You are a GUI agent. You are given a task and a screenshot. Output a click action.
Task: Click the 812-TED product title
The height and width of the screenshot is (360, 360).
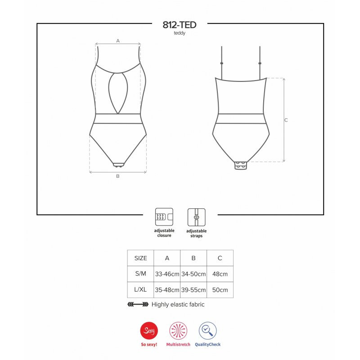pyautogui.click(x=180, y=25)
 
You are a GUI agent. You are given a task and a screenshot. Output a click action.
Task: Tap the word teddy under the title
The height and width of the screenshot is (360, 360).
pyautogui.click(x=180, y=33)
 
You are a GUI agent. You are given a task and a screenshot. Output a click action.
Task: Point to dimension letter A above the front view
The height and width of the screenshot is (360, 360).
pyautogui.click(x=118, y=41)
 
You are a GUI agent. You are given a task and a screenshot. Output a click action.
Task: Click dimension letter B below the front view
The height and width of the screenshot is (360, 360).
pyautogui.click(x=118, y=176)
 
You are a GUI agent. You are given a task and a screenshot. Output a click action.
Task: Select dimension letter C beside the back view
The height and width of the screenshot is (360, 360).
pyautogui.click(x=286, y=120)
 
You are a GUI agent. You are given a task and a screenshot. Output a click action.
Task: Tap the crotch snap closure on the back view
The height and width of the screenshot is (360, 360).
pyautogui.click(x=241, y=165)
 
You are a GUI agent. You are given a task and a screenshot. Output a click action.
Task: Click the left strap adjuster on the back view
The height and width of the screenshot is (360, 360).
pyautogui.click(x=221, y=63)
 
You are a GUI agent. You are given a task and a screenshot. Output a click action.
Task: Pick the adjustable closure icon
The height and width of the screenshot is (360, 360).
pyautogui.click(x=164, y=217)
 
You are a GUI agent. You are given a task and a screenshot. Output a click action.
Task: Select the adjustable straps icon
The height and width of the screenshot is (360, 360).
pyautogui.click(x=197, y=217)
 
